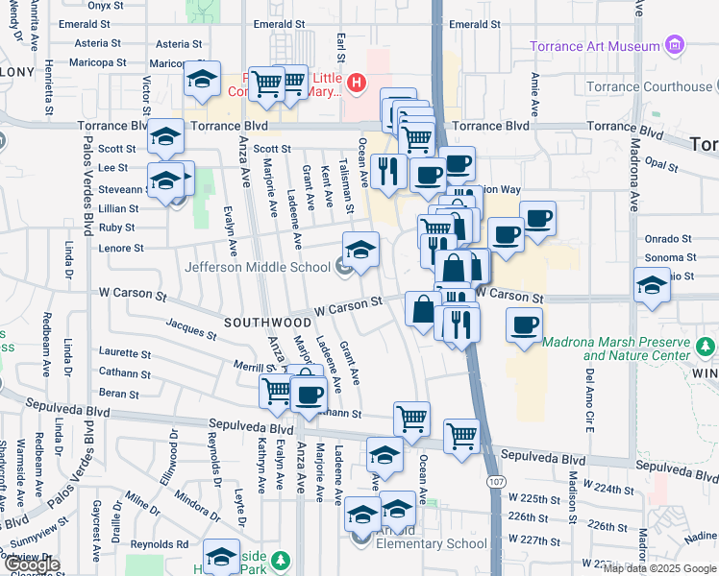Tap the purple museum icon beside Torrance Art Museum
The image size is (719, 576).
coord(675,45)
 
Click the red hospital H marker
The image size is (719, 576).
coord(357,84)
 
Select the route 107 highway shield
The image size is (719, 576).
coord(495,480)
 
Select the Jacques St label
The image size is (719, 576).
coord(190,332)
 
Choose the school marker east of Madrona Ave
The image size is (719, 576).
coord(651,284)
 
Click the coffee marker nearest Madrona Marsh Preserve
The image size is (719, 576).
coord(524,324)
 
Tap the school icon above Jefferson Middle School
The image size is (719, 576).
coord(361,250)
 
